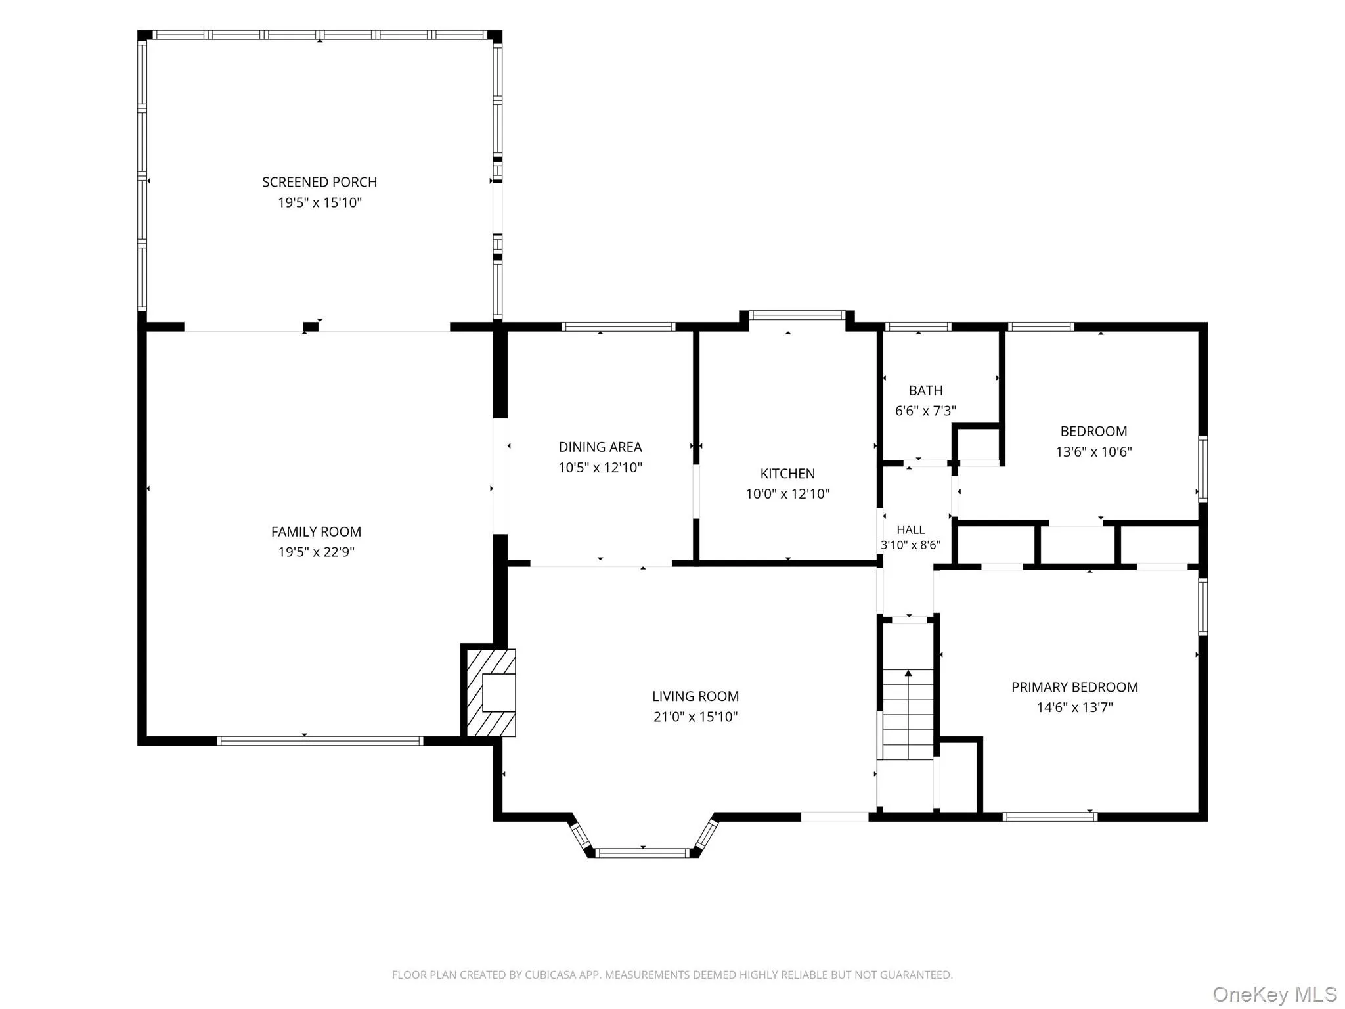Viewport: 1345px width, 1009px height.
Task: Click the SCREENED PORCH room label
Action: [x=320, y=182]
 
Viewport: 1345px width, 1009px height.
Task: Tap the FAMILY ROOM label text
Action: [x=316, y=531]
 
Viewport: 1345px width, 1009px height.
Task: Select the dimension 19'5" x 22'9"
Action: [x=316, y=552]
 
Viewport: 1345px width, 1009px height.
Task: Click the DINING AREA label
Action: [x=600, y=447]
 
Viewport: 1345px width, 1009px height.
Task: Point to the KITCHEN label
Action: [x=787, y=474]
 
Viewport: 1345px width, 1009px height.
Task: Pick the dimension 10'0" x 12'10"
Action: [x=787, y=494]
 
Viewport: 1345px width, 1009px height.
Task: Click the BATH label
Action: [x=925, y=391]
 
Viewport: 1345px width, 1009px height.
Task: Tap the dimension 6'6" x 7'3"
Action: [x=925, y=411]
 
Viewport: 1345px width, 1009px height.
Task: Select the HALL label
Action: [x=910, y=529]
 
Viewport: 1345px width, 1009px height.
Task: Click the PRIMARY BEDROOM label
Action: [x=1074, y=687]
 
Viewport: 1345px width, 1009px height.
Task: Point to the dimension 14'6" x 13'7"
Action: [x=1074, y=707]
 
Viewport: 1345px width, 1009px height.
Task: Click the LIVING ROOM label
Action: [x=695, y=696]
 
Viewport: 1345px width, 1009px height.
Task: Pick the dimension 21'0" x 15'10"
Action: [x=695, y=717]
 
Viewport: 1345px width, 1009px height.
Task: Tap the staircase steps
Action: [x=908, y=714]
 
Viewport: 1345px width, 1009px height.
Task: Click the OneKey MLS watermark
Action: [x=1275, y=994]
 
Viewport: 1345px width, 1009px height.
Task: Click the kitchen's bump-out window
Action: [x=797, y=315]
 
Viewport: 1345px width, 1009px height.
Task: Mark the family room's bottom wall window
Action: [x=320, y=741]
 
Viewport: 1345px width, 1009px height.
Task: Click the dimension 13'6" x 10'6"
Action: [x=1093, y=452]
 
